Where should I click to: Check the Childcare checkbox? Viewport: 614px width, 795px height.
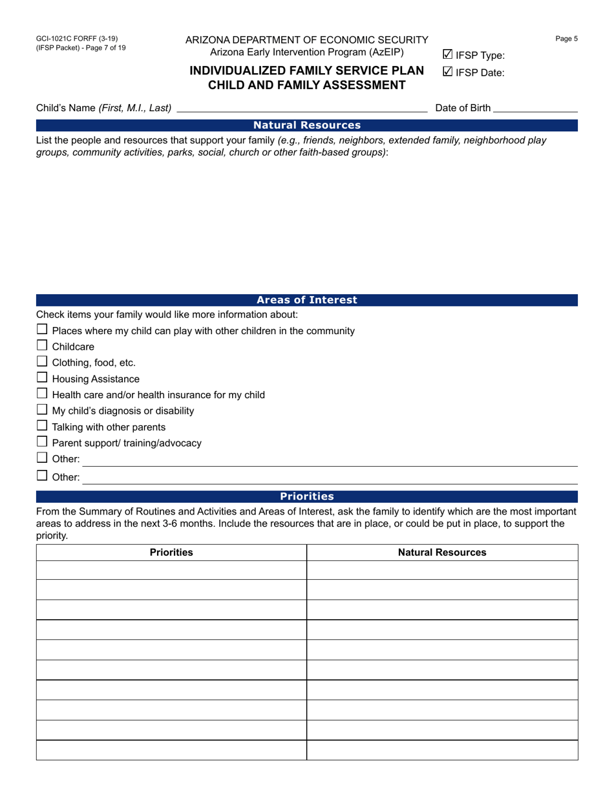tap(42, 346)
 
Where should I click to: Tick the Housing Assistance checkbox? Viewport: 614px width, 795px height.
tap(42, 378)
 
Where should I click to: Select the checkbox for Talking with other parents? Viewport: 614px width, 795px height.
tap(42, 426)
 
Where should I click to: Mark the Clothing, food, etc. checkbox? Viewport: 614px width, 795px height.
tap(42, 362)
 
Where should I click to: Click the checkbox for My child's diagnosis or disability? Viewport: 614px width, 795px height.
tap(42, 410)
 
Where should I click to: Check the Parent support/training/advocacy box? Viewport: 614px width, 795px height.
tap(42, 442)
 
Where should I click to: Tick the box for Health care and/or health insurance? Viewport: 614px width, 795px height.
tap(42, 394)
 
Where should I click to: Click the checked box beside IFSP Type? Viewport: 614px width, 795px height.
tap(447, 55)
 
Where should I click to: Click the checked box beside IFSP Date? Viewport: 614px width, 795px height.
tap(447, 72)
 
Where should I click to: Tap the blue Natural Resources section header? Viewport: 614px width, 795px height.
tap(306, 125)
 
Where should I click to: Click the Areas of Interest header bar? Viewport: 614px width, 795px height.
tap(306, 300)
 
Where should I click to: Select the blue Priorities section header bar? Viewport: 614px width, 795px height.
tap(306, 496)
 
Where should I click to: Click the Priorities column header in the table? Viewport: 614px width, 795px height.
tap(171, 553)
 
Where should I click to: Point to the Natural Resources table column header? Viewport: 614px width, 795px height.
tap(442, 553)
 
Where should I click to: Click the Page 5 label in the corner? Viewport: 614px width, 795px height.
tap(566, 39)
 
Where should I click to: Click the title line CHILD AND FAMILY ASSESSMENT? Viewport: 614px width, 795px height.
tap(306, 85)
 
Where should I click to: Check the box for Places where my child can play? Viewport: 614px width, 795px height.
tap(42, 330)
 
